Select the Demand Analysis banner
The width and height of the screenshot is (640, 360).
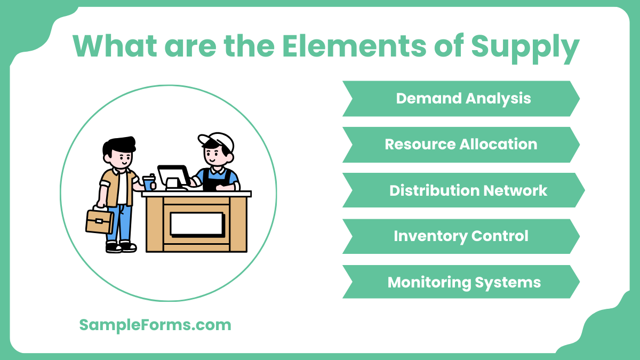click(461, 99)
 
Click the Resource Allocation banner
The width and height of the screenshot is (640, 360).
click(461, 145)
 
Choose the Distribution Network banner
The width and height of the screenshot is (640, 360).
click(464, 190)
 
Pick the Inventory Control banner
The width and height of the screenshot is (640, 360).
click(461, 236)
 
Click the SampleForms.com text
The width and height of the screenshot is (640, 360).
click(155, 325)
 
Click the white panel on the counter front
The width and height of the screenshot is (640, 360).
click(196, 224)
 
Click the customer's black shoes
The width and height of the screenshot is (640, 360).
click(121, 247)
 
